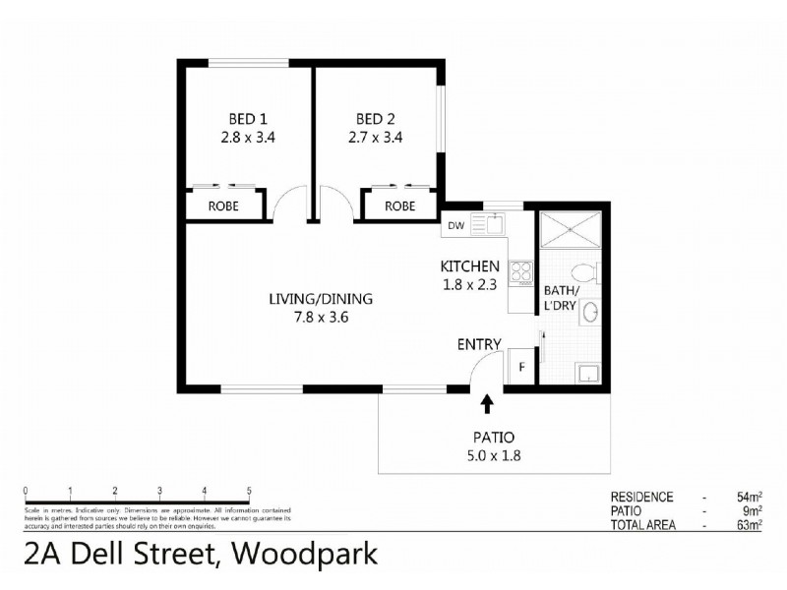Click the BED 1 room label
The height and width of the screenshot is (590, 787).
[249, 119]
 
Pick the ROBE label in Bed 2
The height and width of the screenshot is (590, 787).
[399, 206]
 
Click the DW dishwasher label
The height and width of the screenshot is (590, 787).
[455, 225]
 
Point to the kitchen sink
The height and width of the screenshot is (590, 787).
[489, 224]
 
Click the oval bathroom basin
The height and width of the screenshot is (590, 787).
[590, 313]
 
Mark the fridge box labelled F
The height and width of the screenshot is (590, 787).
[521, 368]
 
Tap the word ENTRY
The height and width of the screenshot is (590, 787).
[479, 344]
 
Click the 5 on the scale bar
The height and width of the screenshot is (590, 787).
[249, 492]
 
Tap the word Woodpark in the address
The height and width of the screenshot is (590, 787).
[305, 556]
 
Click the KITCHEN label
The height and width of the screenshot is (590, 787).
[470, 266]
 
